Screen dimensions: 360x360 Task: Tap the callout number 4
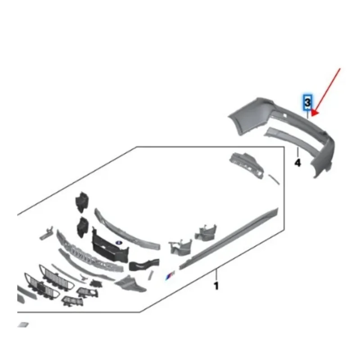pos(297,162)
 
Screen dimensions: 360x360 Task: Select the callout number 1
pos(216,285)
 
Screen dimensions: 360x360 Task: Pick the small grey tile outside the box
pos(22,324)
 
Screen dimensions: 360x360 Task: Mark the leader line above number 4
pos(297,152)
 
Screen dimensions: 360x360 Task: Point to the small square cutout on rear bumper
pos(285,118)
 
